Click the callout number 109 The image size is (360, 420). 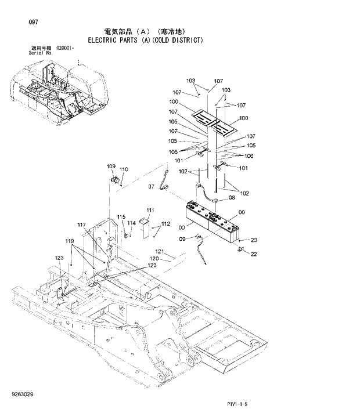click(x=111, y=166)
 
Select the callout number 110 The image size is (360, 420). click(x=124, y=169)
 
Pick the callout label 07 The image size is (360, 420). click(x=152, y=186)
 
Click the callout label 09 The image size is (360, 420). click(x=182, y=238)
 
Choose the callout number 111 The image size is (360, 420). click(x=150, y=209)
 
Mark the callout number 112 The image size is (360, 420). click(x=165, y=223)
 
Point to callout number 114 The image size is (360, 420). click(x=132, y=223)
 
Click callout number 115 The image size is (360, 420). click(x=121, y=217)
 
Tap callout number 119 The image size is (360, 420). click(x=70, y=241)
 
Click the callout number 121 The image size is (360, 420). click(x=160, y=251)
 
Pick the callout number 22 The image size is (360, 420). click(x=254, y=254)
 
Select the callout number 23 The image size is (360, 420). click(x=254, y=240)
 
